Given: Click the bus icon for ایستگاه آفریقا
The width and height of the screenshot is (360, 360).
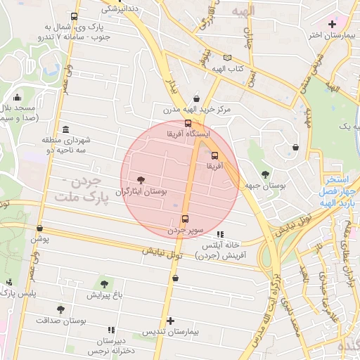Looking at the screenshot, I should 187,123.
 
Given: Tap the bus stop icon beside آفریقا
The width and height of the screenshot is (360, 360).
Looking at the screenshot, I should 215,155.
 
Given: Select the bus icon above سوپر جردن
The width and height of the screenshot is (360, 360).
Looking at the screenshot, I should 185,219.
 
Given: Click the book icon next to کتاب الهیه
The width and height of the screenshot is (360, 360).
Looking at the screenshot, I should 226,58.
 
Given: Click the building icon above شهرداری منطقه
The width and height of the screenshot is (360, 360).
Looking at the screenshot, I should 65,129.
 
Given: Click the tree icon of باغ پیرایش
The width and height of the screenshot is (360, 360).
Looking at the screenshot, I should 104,284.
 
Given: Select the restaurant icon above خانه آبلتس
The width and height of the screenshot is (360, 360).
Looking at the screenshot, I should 220,235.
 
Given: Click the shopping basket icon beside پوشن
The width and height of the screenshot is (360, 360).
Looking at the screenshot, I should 39,229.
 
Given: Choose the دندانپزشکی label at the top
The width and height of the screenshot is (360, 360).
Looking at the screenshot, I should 121,9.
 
